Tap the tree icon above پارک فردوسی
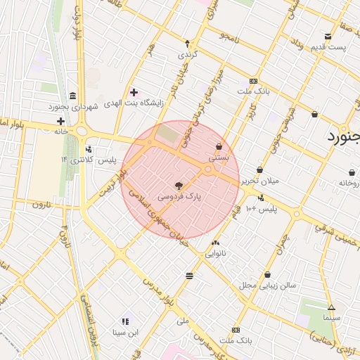click(179, 186)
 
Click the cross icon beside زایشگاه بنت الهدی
click(134, 92)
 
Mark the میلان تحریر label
click(261, 181)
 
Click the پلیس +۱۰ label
click(258, 209)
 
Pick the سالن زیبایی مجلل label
click(268, 285)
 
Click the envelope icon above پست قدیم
click(328, 37)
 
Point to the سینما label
click(332, 318)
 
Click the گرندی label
click(186, 53)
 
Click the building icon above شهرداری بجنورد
click(72, 96)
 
